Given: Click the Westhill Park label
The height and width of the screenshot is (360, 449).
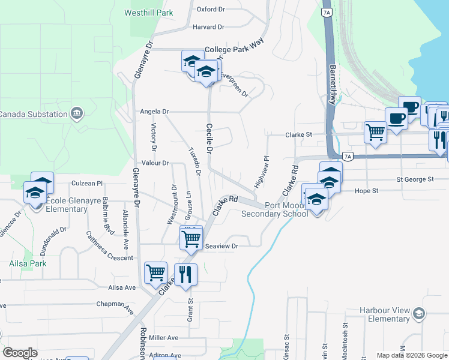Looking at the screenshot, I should coord(148,13).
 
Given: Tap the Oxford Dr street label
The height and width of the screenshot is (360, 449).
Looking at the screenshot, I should coord(210,10).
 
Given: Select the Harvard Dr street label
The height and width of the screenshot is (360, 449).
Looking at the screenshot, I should coord(208,27).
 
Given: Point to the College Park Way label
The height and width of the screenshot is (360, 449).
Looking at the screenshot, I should coord(235,50).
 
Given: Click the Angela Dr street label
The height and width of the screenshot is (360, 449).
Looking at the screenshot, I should coord(155,112).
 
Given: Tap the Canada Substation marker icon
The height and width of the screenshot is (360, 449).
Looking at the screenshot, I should coord(76,113).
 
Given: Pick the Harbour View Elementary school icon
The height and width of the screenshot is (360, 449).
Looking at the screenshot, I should coord(418,314).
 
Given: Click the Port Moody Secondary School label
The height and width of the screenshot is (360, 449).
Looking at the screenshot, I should coord(274,209).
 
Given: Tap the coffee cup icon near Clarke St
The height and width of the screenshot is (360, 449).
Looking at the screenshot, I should coord(396,118).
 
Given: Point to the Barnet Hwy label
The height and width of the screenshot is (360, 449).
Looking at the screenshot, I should coord(332,85).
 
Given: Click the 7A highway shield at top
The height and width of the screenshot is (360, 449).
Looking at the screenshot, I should coord(326,12).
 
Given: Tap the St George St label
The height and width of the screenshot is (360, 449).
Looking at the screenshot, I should coord(415,179).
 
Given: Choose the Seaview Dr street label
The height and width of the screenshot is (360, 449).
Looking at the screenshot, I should coord(223,246).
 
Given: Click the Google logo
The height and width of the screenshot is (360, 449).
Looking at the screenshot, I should coord(20,353).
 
